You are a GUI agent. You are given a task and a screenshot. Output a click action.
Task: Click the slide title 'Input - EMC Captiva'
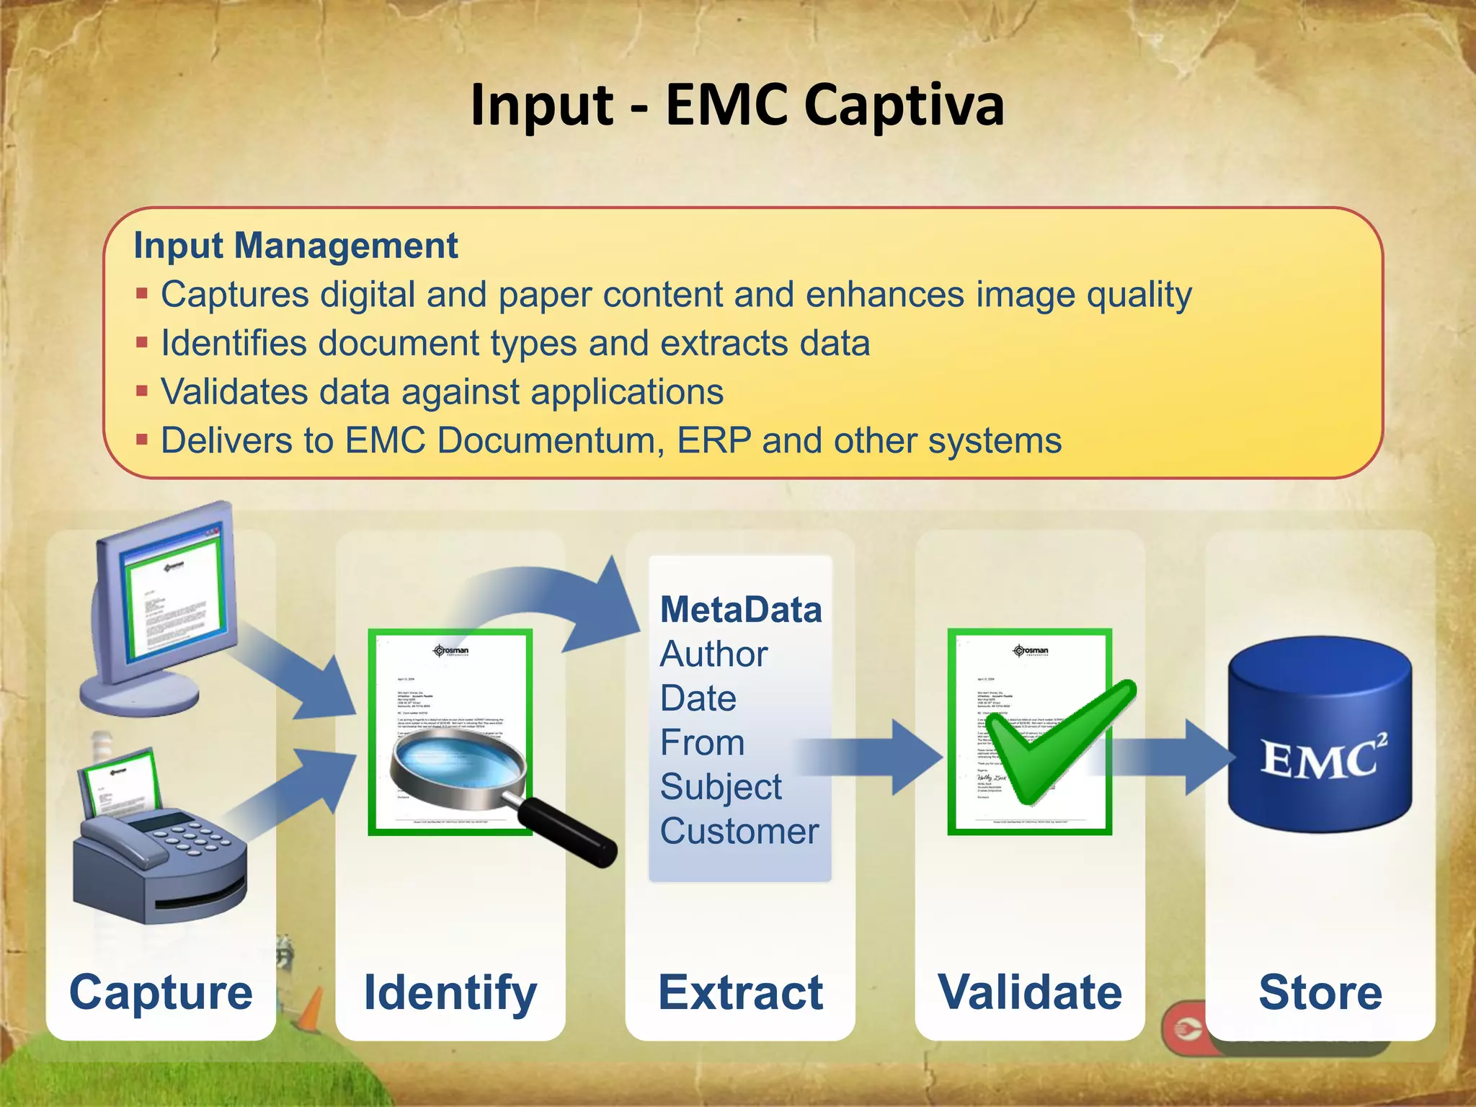coord(737,105)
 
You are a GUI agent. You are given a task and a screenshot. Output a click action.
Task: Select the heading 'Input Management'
coord(295,246)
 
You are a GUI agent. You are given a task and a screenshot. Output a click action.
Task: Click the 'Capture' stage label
coord(161,992)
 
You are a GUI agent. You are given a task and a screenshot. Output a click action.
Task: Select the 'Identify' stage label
coord(450,992)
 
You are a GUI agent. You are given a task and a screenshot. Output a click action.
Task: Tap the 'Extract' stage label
coord(740,992)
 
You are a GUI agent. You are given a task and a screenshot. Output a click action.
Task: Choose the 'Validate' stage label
coord(1030,992)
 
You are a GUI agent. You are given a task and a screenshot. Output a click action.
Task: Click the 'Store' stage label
coord(1320,992)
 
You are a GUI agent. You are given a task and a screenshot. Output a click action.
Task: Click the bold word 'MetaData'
coord(741,610)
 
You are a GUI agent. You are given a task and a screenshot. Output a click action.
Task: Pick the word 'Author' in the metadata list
coord(713,654)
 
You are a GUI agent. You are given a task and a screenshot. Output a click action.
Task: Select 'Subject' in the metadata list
coord(721,786)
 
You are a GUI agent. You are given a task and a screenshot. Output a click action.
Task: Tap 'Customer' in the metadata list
coord(739,831)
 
